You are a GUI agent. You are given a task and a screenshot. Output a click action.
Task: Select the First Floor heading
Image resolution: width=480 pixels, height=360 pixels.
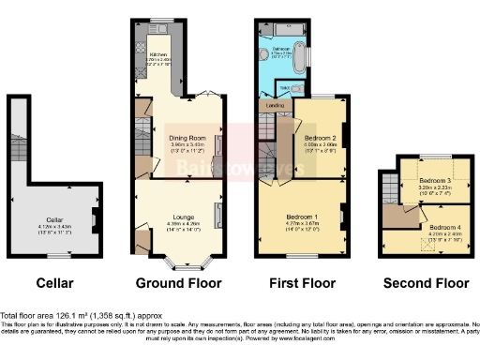(x=300, y=281)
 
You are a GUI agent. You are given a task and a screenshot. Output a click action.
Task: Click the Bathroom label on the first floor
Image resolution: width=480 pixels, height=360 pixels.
(x=282, y=48)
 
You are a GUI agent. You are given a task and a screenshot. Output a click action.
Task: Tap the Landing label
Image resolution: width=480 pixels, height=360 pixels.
(x=276, y=106)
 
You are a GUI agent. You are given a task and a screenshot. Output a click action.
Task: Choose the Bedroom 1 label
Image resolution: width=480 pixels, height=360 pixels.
(x=302, y=216)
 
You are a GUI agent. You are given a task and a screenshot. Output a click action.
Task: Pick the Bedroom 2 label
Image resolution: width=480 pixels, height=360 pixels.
(x=320, y=138)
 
